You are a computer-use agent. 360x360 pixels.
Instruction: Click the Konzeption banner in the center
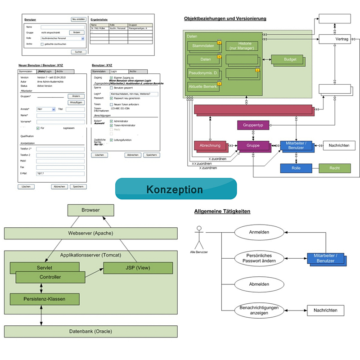tap(176, 189)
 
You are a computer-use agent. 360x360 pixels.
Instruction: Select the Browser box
tap(90, 210)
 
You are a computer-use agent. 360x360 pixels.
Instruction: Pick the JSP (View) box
tap(138, 268)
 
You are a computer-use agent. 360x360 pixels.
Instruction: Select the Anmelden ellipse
tap(259, 233)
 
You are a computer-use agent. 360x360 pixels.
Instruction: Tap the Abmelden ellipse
tap(259, 284)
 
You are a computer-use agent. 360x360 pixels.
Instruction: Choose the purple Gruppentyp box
tap(252, 125)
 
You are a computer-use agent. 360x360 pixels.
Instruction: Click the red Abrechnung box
tap(210, 145)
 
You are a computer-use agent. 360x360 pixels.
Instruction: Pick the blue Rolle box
tap(296, 168)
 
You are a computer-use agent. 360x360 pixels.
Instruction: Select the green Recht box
tap(334, 168)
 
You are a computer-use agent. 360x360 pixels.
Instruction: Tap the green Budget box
tap(290, 59)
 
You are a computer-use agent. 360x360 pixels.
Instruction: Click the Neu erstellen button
tap(79, 19)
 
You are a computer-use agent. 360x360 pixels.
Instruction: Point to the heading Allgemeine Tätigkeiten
tap(222, 211)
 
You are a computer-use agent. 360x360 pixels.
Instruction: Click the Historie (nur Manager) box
tap(243, 45)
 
